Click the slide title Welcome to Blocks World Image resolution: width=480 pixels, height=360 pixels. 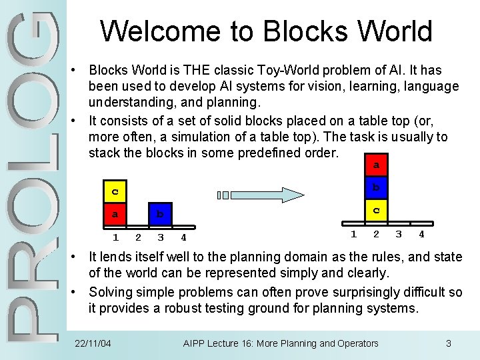pos(266,31)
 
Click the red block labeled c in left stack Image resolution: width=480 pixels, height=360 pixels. pos(115,192)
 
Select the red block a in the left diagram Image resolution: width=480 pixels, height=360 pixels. pos(115,215)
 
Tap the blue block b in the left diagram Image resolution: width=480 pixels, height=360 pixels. pos(159,215)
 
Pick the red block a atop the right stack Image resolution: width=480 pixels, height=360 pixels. pos(376,165)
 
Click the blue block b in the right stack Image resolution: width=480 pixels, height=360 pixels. pos(376,187)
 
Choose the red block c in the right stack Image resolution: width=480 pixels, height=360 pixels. pos(376,210)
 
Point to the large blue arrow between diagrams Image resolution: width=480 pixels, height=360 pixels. pos(273,195)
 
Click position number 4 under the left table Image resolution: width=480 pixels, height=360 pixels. pos(183,237)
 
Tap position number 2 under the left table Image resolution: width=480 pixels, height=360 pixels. pos(138,237)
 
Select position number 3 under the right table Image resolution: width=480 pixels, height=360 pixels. pos(399,233)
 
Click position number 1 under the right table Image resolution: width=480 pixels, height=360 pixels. pos(354,233)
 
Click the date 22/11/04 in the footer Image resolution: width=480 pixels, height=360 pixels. pos(93,343)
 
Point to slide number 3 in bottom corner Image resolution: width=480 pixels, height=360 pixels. pos(449,343)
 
